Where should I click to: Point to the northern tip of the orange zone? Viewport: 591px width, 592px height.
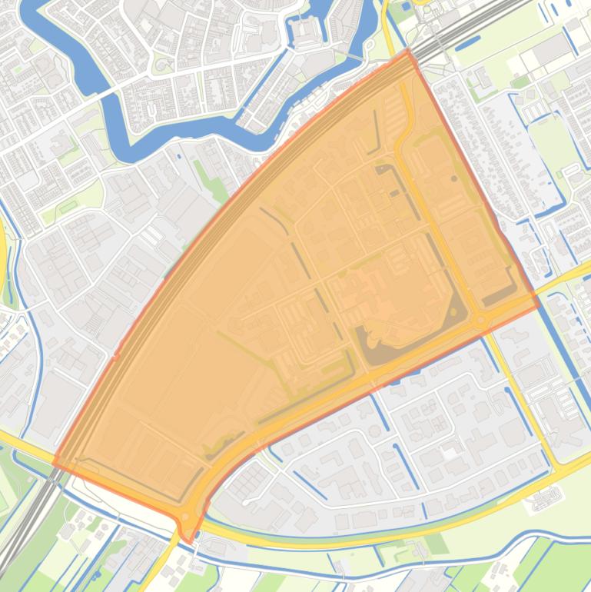click(408, 52)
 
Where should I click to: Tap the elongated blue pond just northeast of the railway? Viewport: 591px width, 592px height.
click(467, 45)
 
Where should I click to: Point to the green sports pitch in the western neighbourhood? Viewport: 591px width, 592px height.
click(68, 206)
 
